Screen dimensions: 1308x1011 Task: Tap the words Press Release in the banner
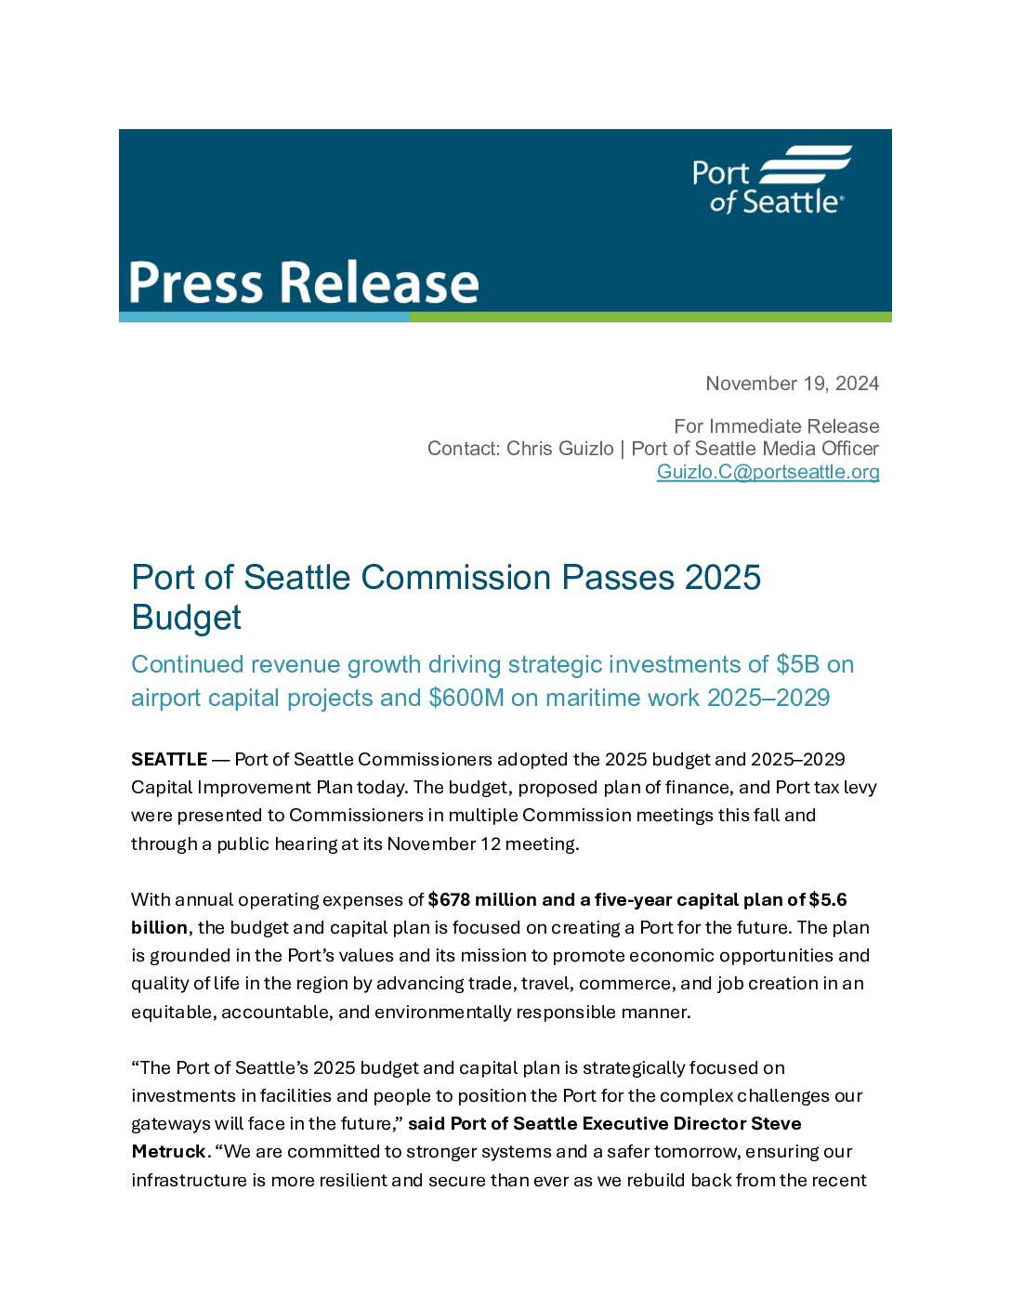(303, 282)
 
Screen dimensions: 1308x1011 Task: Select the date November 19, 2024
(792, 384)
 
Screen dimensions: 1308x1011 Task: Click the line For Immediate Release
(776, 426)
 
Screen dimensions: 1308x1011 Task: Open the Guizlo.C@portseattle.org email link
(768, 472)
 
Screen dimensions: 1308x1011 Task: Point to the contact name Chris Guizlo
(559, 449)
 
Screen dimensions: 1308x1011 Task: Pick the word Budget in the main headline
(186, 618)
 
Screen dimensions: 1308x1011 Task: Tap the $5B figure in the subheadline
(797, 665)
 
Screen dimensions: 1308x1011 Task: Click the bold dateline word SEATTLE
(168, 760)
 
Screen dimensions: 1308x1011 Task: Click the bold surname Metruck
(168, 1152)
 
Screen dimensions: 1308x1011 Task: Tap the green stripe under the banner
(650, 318)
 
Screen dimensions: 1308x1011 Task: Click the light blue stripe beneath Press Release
(264, 318)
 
